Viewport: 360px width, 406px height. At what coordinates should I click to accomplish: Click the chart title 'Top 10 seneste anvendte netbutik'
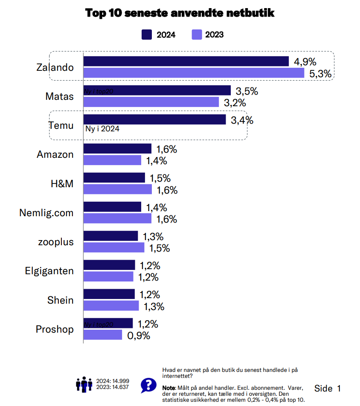pos(180,13)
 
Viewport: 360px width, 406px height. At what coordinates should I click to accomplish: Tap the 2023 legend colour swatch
pos(197,35)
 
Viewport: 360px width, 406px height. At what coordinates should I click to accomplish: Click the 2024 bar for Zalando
pos(186,61)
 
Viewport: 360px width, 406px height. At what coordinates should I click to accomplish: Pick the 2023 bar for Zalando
pos(194,73)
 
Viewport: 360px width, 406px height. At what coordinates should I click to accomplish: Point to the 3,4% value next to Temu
pos(242,120)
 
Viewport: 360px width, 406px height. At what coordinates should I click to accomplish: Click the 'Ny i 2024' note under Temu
pos(102,129)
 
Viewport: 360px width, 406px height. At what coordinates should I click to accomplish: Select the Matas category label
pos(59,96)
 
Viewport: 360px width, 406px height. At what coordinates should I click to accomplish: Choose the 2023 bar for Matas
pos(151,102)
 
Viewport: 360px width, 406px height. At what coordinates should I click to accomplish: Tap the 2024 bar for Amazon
pos(117,149)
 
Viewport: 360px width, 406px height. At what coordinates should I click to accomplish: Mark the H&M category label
pos(62,184)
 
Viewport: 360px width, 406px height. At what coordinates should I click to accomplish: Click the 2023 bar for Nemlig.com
pos(117,218)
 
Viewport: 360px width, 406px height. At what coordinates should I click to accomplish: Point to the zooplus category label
pos(55,242)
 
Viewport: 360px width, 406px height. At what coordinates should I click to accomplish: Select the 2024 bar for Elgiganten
pos(109,265)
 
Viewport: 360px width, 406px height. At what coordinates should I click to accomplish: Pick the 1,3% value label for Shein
pos(154,306)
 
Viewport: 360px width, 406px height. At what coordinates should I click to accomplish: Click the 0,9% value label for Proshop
pos(139,335)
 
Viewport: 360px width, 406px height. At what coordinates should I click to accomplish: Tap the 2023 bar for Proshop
pos(103,335)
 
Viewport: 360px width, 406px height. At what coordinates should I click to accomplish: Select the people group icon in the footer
pos(84,384)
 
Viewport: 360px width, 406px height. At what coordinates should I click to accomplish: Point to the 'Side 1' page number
pos(328,388)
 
